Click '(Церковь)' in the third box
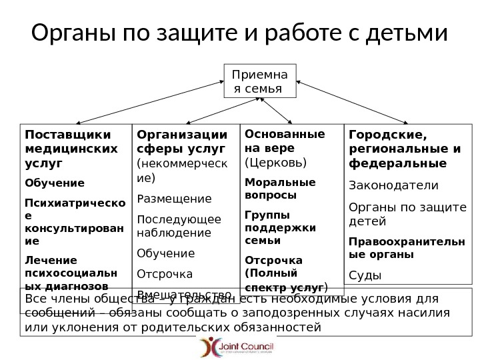tap(276, 162)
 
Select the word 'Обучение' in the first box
tap(54, 182)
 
